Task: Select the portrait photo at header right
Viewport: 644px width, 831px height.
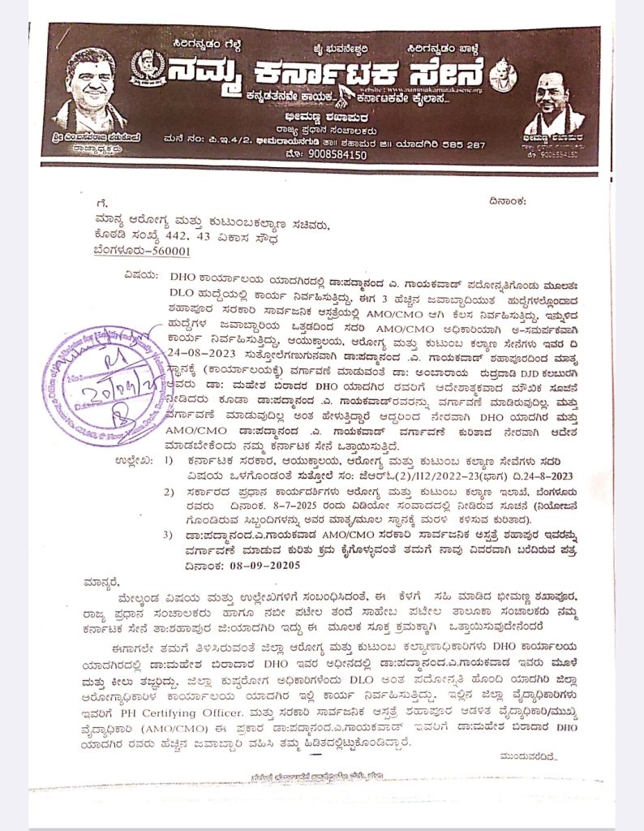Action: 556,105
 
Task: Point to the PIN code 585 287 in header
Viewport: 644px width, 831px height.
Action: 458,144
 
